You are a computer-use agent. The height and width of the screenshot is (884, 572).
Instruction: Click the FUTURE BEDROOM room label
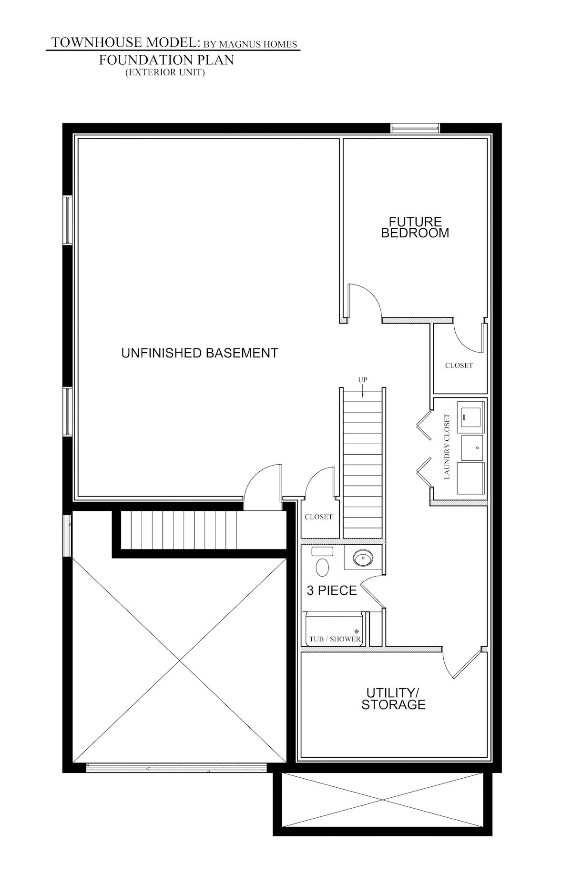(x=415, y=228)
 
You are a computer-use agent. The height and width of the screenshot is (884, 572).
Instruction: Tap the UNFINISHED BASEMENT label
(x=199, y=353)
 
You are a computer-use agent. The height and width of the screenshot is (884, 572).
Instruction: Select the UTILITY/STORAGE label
(x=393, y=699)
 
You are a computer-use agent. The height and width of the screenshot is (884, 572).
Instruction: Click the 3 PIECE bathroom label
(x=332, y=590)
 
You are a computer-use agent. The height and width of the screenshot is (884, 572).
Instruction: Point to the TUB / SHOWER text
(x=335, y=639)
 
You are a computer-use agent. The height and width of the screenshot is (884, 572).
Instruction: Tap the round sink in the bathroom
(x=364, y=557)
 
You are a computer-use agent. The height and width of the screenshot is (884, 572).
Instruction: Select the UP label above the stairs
(x=362, y=380)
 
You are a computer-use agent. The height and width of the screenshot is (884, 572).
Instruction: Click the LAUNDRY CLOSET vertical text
(x=447, y=446)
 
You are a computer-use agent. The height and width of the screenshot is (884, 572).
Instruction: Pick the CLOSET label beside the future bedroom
(x=459, y=366)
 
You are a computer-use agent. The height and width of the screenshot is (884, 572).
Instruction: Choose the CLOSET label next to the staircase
(x=318, y=517)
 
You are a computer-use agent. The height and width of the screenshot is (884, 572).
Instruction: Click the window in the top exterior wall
(x=415, y=127)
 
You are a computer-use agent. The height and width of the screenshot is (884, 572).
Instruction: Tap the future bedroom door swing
(x=364, y=300)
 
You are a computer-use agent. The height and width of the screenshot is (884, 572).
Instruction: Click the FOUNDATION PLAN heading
(x=166, y=60)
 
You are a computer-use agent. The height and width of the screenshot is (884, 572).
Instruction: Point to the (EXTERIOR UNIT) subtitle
(x=165, y=72)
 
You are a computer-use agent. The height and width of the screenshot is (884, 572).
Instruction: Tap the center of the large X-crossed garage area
(x=179, y=661)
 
